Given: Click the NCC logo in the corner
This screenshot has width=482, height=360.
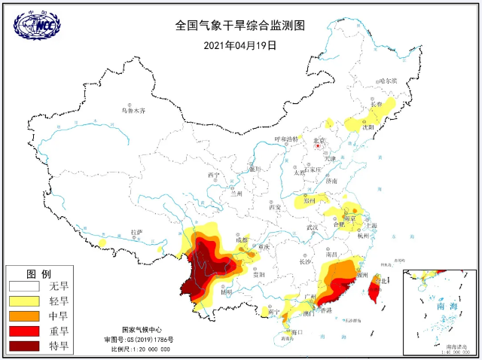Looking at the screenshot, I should click(37, 25).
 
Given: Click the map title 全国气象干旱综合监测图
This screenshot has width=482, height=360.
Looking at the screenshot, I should click(240, 25).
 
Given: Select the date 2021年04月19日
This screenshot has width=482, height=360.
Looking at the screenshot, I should click(240, 44).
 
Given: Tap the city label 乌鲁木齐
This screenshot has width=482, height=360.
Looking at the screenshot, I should click(133, 111).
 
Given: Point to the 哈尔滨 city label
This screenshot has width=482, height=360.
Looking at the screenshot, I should click(387, 81).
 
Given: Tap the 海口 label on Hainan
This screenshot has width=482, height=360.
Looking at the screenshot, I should click(297, 331).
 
